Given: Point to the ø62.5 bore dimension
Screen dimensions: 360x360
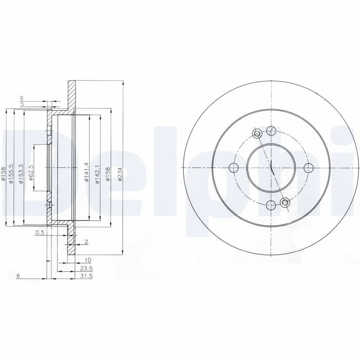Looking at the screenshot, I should [x=31, y=173].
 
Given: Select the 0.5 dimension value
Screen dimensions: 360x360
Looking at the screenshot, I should [x=40, y=233].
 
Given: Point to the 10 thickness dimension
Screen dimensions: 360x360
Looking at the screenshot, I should [x=88, y=260].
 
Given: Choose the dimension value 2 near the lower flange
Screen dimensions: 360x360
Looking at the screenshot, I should [x=86, y=242].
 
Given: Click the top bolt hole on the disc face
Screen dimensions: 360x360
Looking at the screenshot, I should [x=271, y=131].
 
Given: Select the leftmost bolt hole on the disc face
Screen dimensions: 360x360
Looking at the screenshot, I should [x=234, y=168].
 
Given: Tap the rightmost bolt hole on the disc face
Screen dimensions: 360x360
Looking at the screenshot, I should [x=308, y=168].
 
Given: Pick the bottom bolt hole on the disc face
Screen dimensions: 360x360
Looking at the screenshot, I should [x=271, y=205].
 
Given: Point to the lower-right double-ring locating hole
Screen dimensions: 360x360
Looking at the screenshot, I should [x=284, y=203].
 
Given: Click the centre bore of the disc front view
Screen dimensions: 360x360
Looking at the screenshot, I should [x=271, y=168].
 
